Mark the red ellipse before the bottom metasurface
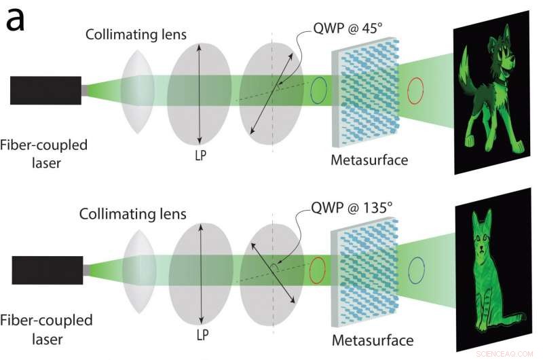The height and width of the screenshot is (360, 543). click(x=316, y=270)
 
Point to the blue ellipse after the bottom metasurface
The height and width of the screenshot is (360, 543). click(x=414, y=270)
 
